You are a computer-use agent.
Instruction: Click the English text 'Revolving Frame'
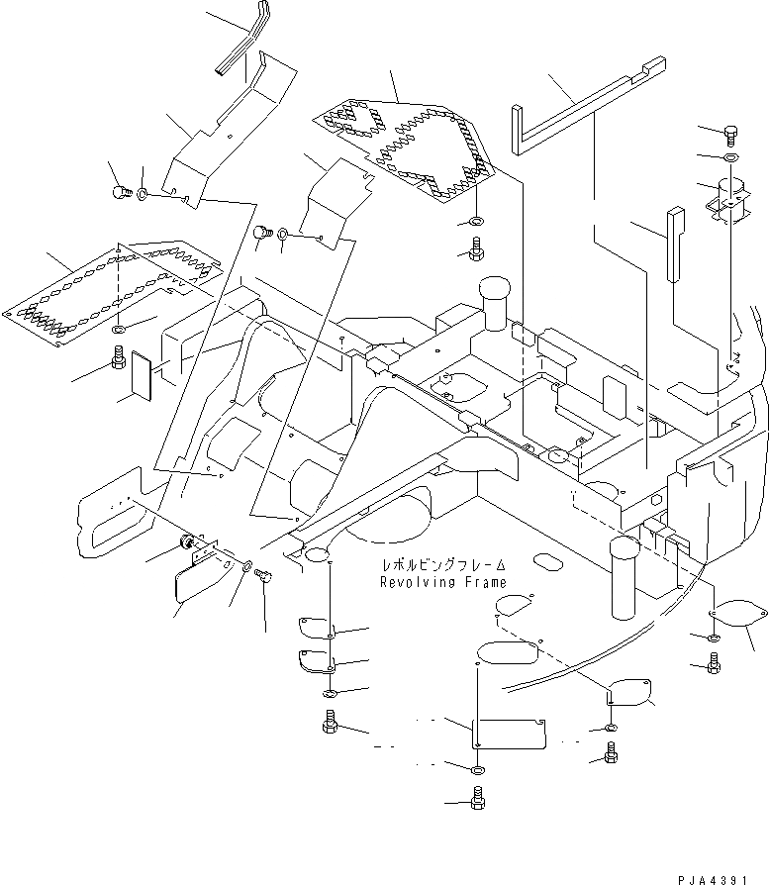pos(442,583)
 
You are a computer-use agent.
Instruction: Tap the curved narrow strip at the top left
pos(239,45)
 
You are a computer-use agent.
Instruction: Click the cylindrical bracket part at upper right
pos(729,198)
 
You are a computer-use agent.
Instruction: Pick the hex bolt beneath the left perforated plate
pos(119,357)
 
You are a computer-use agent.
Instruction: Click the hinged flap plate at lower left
pos(197,585)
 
